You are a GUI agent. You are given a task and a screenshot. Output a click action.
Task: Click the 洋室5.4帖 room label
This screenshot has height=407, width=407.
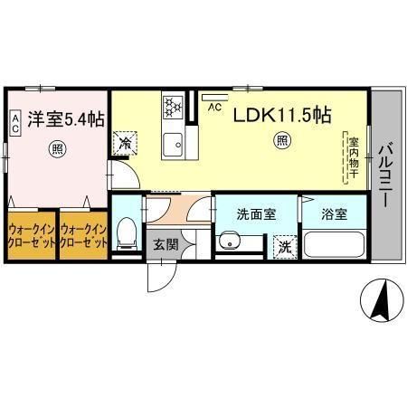(66, 119)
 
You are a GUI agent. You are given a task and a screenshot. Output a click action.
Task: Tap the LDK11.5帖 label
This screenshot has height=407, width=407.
(282, 115)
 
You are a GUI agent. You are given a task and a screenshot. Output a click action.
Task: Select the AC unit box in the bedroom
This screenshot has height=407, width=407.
(15, 123)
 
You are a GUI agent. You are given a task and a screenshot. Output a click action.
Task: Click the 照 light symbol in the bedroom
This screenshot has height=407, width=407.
(57, 148)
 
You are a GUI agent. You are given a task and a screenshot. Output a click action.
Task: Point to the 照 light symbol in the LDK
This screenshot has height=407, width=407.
(282, 140)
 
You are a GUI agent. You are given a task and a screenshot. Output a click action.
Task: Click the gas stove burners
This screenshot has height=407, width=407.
(173, 107)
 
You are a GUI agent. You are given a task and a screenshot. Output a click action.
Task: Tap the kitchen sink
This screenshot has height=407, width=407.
(173, 144)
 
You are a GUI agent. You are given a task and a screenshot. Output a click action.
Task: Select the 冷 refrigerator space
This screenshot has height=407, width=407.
(125, 143)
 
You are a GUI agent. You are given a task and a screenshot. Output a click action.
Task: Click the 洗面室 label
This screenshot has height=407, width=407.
(256, 214)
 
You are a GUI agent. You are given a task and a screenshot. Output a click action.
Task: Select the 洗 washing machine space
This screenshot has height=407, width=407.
(285, 247)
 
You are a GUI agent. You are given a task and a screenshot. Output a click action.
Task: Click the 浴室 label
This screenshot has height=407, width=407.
(335, 214)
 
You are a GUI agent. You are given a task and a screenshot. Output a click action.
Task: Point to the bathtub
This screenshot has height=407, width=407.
(334, 244)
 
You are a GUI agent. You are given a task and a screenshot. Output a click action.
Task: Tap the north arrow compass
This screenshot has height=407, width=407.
(382, 300)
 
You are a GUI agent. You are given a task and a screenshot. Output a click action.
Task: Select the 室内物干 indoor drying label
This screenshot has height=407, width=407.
(354, 157)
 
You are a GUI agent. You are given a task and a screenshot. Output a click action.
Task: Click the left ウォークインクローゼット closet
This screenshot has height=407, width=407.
(32, 236)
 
